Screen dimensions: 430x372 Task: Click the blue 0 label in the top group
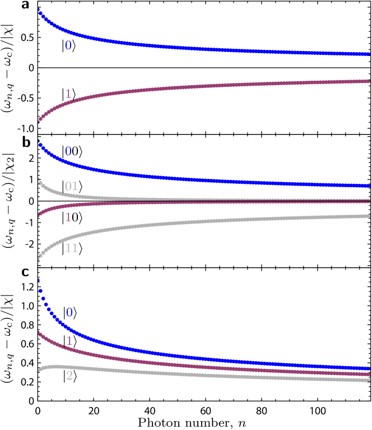tap(68, 45)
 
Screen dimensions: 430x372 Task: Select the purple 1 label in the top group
tap(68, 94)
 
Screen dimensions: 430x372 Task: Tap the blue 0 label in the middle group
tap(68, 151)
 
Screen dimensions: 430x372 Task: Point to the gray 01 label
tap(71, 186)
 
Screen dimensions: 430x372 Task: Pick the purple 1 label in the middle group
tap(68, 217)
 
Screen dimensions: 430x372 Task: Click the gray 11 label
tap(71, 248)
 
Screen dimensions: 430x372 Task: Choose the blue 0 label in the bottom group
tap(69, 313)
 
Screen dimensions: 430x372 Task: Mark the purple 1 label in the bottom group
tap(69, 341)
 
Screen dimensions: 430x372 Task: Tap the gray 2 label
tap(69, 376)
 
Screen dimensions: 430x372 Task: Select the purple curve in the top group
tap(196, 86)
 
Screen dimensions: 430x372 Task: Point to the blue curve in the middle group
tap(196, 179)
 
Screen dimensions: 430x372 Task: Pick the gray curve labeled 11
tap(196, 223)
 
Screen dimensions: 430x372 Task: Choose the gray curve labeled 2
tap(196, 373)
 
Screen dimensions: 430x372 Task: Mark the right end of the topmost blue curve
tap(368, 54)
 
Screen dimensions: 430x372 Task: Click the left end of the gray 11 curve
tap(39, 258)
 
